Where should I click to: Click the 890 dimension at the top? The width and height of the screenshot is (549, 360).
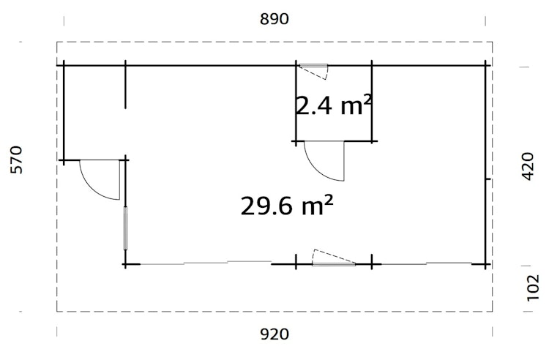click(274, 20)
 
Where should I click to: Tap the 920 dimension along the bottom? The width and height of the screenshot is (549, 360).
click(274, 335)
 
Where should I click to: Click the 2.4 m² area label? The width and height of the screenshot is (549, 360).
click(334, 106)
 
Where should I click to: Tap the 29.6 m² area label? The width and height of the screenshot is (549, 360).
click(286, 206)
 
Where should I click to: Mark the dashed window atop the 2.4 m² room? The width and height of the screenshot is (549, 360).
click(314, 70)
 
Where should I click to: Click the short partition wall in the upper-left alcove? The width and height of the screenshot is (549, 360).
click(126, 86)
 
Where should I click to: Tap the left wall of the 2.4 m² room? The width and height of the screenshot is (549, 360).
click(296, 102)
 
